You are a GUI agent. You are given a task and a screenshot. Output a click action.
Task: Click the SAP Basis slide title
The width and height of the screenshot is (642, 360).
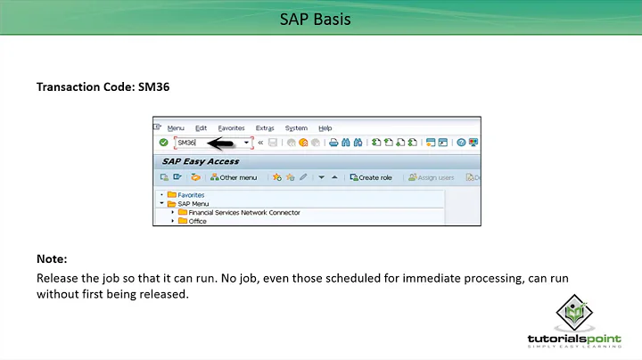click(x=320, y=18)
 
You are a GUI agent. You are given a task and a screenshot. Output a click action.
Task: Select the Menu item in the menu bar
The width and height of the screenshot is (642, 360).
click(x=176, y=128)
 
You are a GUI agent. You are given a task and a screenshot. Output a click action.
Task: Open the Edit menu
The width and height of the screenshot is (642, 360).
click(x=201, y=128)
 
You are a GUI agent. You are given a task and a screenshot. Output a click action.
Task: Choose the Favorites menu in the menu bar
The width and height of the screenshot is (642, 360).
click(x=232, y=128)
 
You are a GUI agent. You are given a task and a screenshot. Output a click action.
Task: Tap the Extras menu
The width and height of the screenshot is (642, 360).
click(x=265, y=128)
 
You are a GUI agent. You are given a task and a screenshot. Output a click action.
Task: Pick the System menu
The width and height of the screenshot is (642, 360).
click(x=296, y=128)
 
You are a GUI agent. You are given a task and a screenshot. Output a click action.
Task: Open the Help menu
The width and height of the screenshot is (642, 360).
click(x=325, y=128)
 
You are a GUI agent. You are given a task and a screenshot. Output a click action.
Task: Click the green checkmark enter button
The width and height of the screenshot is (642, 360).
click(x=163, y=143)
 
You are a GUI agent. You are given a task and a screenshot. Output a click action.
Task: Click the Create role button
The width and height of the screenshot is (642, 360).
click(x=371, y=177)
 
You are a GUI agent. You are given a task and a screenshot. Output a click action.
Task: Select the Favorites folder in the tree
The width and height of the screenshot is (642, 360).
click(x=191, y=194)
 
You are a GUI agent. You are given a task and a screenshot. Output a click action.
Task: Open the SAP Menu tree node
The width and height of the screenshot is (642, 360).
click(x=193, y=203)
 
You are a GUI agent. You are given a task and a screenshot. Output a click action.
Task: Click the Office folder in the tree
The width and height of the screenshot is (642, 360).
click(x=197, y=221)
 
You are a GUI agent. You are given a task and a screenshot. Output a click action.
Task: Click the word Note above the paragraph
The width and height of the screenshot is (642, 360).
click(x=51, y=258)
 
